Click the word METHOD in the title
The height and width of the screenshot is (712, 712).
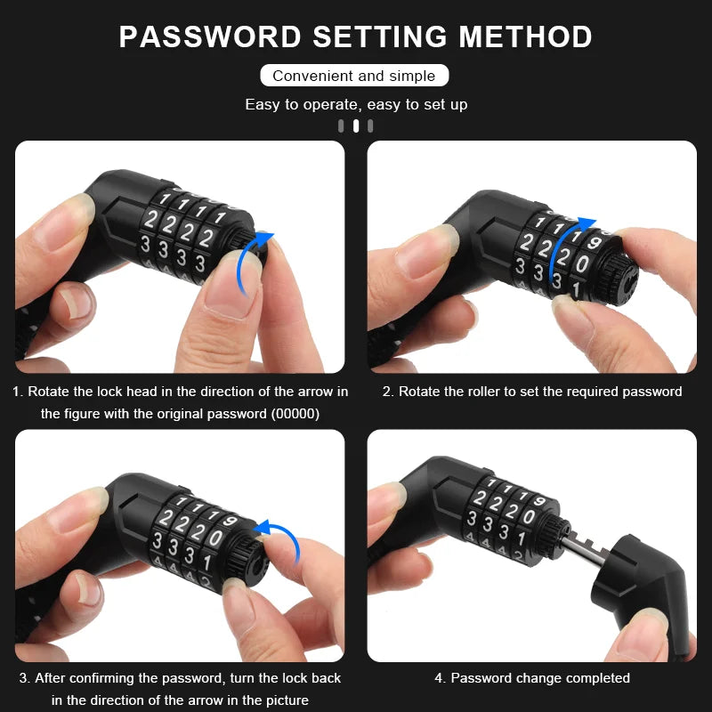526,37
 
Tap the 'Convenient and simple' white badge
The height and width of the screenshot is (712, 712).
354,76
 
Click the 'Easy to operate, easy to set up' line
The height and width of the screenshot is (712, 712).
356,104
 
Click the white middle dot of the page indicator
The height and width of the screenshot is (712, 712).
356,125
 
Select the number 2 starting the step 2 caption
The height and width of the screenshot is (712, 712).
387,392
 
